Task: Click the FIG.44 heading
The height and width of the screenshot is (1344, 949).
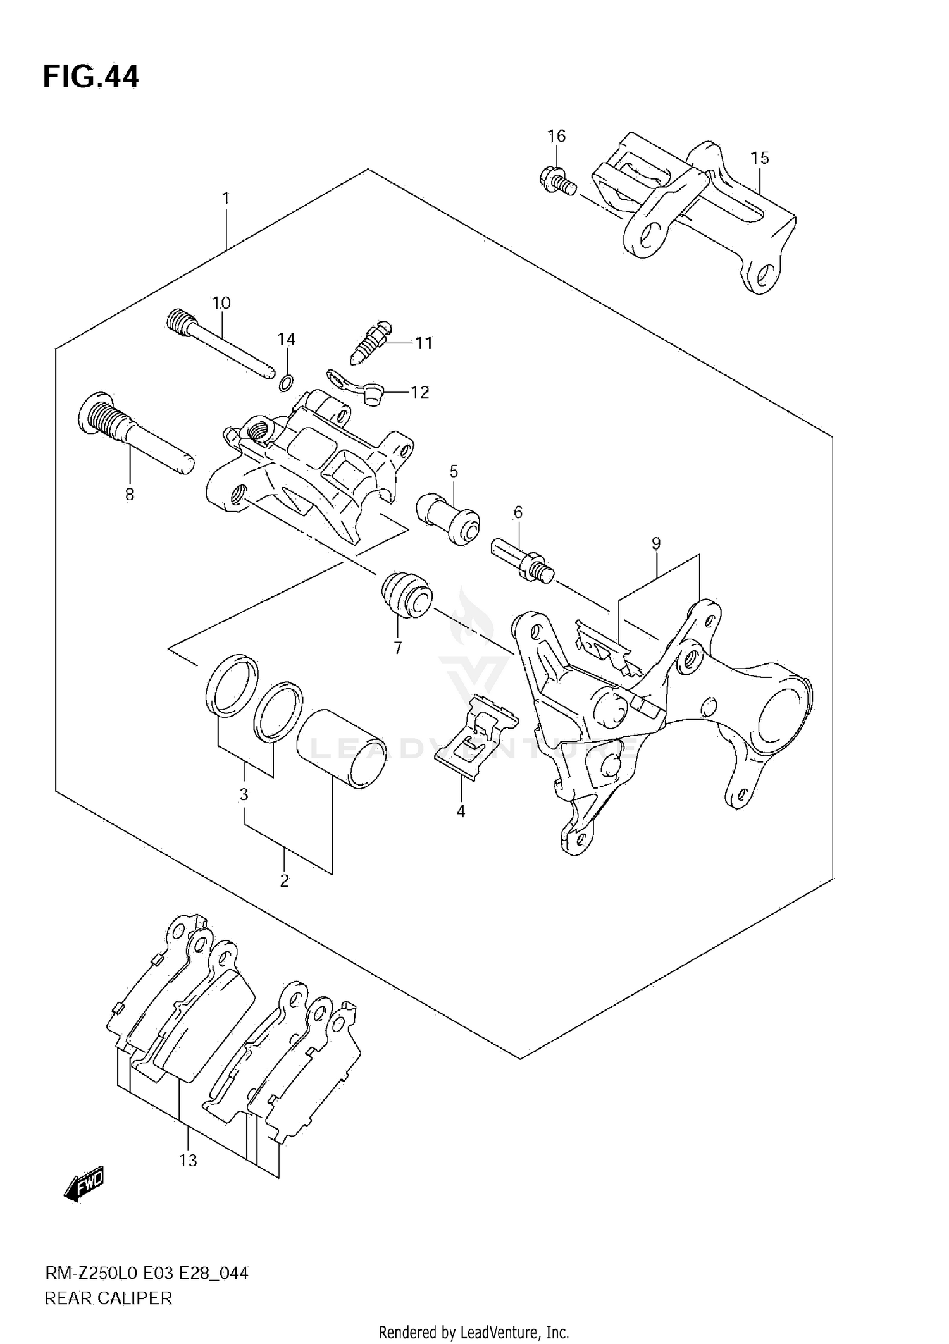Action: click(90, 77)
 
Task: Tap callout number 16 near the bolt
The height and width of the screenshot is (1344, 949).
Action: click(556, 136)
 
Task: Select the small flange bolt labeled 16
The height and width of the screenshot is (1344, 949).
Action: click(557, 180)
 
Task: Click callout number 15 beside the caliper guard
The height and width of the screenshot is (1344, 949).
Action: click(760, 157)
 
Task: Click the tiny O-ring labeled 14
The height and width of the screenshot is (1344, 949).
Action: click(286, 382)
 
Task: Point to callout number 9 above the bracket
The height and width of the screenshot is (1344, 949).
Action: click(656, 543)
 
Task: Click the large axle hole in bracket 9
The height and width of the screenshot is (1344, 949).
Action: click(782, 710)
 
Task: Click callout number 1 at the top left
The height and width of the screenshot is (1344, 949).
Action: click(225, 199)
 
